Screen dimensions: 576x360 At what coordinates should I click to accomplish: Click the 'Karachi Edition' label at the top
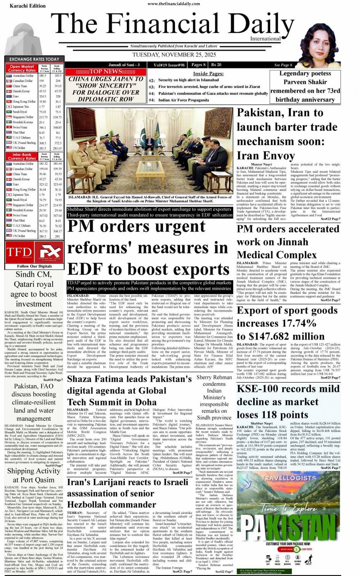pos(27,5)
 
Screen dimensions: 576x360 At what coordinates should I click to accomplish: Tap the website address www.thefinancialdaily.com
pos(174,4)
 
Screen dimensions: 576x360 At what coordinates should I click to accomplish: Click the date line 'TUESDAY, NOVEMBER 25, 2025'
pos(174,55)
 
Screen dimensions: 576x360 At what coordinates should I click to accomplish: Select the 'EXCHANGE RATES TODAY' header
pos(34,59)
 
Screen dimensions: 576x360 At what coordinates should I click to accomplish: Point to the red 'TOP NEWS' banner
pos(105,71)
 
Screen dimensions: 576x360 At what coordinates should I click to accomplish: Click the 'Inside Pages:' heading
pos(208,74)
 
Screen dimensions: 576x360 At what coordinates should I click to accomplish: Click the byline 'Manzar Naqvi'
pos(262,164)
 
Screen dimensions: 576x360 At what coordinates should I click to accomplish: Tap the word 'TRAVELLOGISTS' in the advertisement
pos(289,477)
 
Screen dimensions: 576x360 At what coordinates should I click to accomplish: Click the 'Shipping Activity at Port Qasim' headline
pos(34,475)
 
